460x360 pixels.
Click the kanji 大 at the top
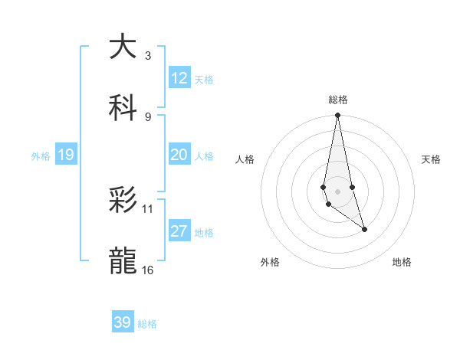coord(123,47)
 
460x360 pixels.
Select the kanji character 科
coord(123,107)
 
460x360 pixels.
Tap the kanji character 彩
coord(123,201)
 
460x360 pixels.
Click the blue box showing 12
coord(179,78)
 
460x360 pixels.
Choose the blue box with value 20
coord(179,155)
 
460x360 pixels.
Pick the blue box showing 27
coord(179,231)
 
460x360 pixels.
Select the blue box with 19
coord(66,155)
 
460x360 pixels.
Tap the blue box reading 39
coord(123,322)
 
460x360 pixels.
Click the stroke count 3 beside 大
coord(148,55)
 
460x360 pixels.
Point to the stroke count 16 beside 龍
coord(148,270)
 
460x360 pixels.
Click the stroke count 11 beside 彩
coord(148,208)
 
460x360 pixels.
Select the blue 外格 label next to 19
coord(41,156)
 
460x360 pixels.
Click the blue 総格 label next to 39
coord(148,324)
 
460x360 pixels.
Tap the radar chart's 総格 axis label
coord(337,100)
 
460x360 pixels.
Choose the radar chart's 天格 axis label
coord(432,159)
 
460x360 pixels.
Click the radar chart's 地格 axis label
coord(402,262)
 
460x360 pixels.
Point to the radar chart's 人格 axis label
coord(245,159)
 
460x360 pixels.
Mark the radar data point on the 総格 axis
coord(337,116)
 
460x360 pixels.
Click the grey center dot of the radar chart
coord(337,191)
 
